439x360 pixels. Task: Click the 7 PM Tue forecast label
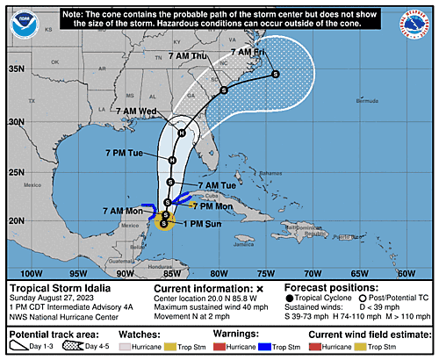(124, 153)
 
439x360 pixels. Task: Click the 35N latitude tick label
(17, 68)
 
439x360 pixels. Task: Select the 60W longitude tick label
(405, 273)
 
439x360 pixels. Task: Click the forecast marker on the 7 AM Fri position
(276, 75)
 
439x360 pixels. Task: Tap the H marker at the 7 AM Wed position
(181, 133)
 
